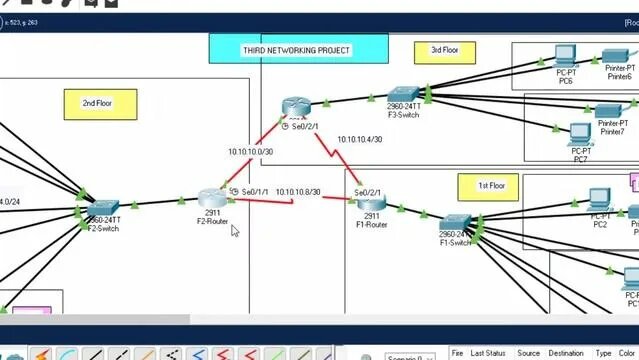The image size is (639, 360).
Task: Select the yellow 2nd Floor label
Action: click(96, 103)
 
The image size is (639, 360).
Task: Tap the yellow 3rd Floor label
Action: click(444, 50)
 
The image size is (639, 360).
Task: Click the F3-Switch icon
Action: click(404, 96)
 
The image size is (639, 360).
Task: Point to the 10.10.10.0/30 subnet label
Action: click(249, 152)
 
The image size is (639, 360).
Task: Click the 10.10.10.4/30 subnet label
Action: click(360, 140)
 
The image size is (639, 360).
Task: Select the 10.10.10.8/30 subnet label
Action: click(298, 191)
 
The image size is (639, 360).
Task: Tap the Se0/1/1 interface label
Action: click(253, 190)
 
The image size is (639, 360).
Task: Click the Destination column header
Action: click(566, 353)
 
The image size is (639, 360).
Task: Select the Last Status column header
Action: click(488, 353)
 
